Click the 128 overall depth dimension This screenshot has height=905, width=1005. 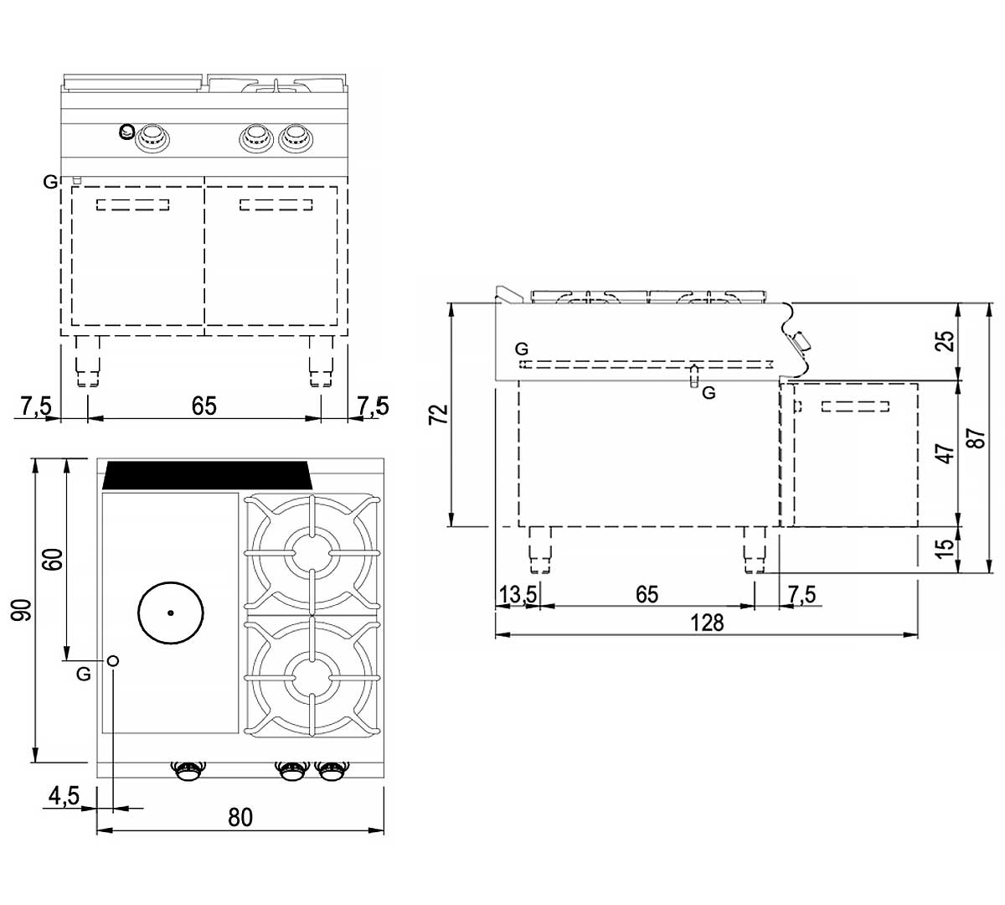tap(706, 623)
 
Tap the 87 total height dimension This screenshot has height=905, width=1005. tap(977, 438)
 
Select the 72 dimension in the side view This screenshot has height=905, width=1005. tap(440, 414)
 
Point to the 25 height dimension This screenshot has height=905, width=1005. tap(946, 341)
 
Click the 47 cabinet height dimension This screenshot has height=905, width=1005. tap(946, 453)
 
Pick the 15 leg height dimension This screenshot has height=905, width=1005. tap(946, 547)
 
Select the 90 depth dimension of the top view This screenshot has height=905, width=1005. tap(22, 610)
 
